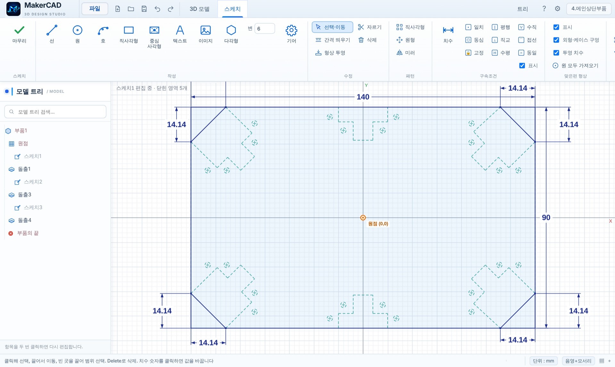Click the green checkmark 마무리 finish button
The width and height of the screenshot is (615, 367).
pos(19,34)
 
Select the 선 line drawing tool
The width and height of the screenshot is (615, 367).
pos(52,34)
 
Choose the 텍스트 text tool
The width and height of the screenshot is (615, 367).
pos(180,34)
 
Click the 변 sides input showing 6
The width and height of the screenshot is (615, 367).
pos(264,29)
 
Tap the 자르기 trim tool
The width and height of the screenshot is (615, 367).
pos(370,27)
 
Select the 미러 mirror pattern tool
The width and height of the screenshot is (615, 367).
pos(406,53)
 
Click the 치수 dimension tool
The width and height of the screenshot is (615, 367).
pos(448,34)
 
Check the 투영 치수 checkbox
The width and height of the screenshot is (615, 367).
pos(556,53)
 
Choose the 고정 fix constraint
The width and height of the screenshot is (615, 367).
pos(474,53)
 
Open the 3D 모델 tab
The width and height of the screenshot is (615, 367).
pos(199,9)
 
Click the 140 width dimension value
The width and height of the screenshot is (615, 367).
pos(363,97)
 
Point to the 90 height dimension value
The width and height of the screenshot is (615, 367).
pos(546,217)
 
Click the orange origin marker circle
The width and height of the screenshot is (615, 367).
pos(363,218)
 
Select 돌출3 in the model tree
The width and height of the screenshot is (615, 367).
pos(24,195)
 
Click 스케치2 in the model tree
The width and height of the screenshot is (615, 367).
pos(33,182)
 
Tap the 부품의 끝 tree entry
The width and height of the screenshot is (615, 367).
pos(28,233)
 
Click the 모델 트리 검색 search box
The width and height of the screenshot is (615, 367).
pos(55,112)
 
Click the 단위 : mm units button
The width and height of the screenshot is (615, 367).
pos(543,361)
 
